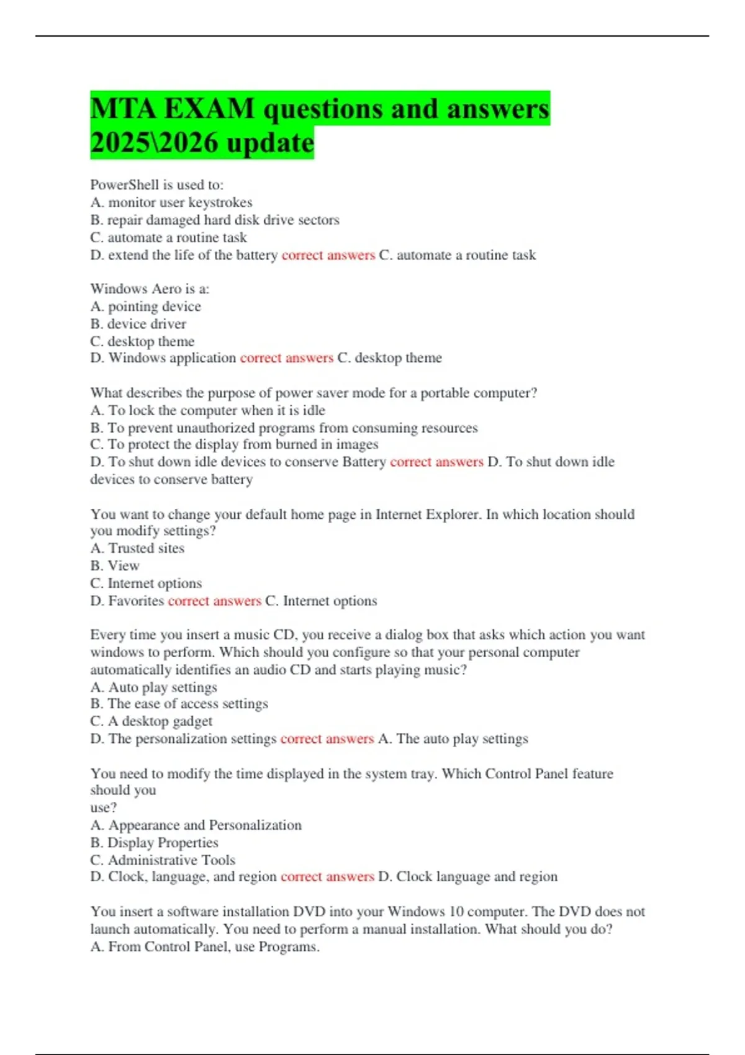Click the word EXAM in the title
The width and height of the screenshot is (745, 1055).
(x=210, y=109)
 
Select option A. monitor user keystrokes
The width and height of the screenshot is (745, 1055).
(x=171, y=202)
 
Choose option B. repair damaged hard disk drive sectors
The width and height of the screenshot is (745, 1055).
(x=215, y=220)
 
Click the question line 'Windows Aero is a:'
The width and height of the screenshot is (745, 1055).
(x=150, y=289)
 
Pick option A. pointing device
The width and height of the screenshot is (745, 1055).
(x=146, y=306)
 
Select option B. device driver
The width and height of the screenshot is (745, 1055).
(x=138, y=323)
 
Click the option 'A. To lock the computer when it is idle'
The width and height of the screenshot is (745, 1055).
(x=208, y=410)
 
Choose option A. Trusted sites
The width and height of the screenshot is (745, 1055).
(x=137, y=548)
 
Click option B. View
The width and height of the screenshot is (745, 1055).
(x=115, y=565)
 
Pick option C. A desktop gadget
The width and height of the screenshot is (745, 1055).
(x=151, y=721)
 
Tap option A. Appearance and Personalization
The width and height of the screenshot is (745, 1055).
(x=196, y=825)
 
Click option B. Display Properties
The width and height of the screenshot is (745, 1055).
(x=155, y=842)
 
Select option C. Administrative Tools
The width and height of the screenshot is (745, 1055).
(x=163, y=860)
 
